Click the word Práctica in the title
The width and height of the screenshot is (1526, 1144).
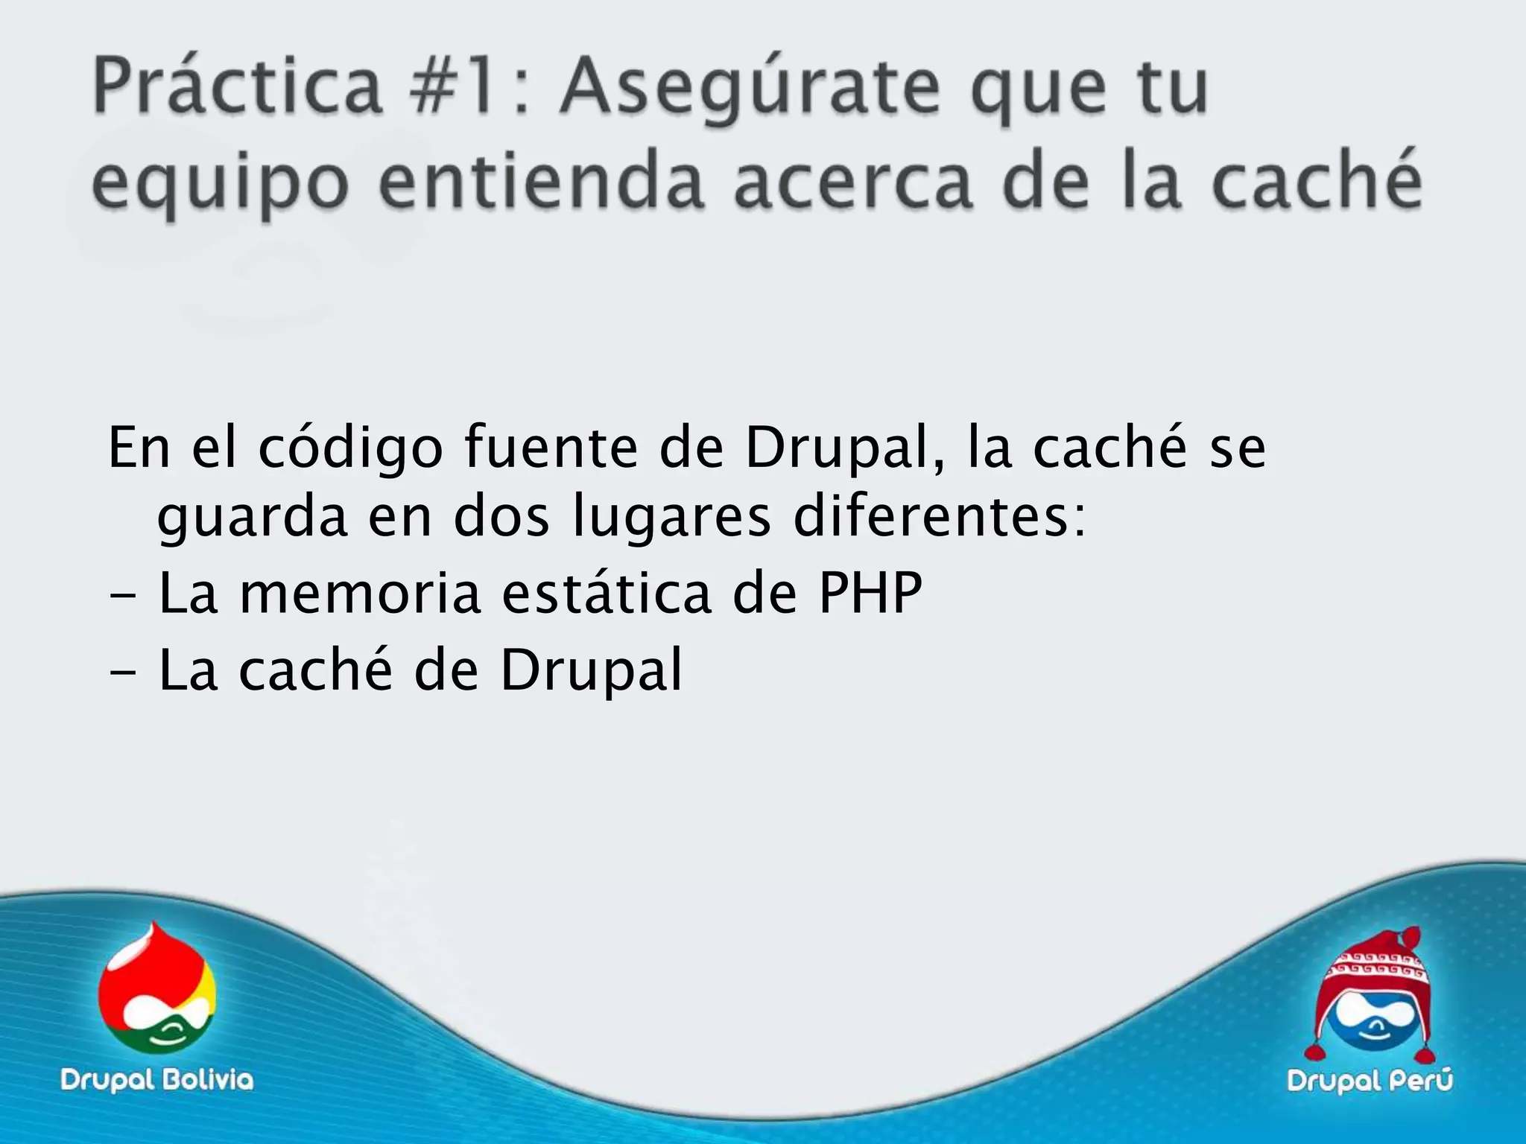[236, 89]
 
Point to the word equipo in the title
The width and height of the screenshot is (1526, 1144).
[220, 186]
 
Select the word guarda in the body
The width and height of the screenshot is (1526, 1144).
[252, 519]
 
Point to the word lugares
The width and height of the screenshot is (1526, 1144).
[672, 519]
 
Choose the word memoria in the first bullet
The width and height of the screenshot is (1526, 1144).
[360, 594]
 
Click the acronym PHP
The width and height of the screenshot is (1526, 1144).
[870, 594]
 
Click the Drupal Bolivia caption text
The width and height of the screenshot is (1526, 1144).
[157, 1079]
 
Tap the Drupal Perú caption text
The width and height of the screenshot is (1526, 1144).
[1370, 1081]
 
